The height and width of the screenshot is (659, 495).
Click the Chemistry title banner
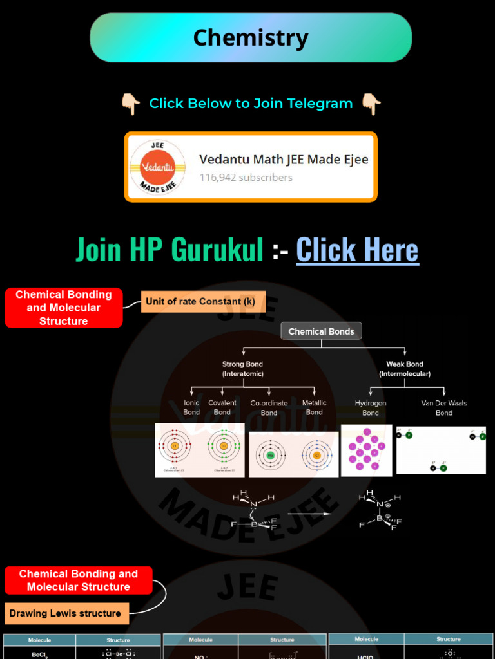(251, 38)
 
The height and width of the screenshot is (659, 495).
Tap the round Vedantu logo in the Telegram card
(157, 167)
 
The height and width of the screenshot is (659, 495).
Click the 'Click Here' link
(357, 250)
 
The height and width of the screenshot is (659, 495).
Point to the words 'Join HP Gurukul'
(170, 250)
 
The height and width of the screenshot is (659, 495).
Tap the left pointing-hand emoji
(130, 104)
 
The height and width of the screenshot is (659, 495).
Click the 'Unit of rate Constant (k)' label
(200, 301)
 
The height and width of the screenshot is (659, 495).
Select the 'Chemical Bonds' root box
(321, 331)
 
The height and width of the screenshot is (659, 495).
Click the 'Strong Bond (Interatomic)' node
(242, 369)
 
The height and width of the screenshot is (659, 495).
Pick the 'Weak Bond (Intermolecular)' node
(405, 369)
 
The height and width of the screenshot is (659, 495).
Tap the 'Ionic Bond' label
(191, 407)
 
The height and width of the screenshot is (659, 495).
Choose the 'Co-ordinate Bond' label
(269, 408)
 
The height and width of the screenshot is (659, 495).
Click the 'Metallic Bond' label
(314, 407)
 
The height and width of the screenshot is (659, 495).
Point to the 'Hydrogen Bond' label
(371, 408)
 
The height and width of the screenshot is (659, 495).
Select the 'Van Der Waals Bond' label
(444, 408)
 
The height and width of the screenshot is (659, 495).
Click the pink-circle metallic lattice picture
(366, 450)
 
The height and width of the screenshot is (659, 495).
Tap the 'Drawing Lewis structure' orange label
(65, 613)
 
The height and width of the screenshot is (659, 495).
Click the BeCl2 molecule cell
(39, 653)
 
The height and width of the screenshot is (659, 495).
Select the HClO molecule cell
(366, 654)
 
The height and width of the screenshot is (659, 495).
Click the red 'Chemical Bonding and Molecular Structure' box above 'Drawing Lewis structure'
(79, 580)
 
